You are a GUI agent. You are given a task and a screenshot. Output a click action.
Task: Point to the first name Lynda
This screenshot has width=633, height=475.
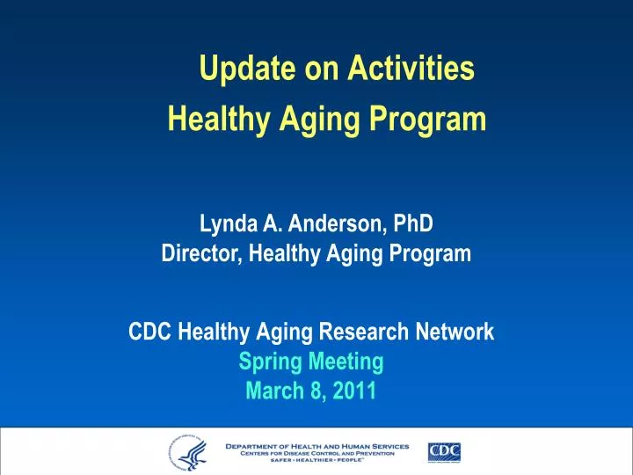click(x=227, y=224)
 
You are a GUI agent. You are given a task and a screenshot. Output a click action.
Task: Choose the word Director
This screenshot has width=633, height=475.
click(x=201, y=254)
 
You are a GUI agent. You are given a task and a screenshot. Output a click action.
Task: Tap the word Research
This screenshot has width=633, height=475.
click(x=370, y=332)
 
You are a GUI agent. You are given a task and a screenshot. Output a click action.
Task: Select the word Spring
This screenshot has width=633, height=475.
click(x=267, y=361)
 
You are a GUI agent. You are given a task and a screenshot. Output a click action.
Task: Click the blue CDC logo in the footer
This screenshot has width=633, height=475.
click(x=444, y=452)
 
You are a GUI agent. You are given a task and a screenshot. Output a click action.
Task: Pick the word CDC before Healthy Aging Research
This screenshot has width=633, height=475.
click(x=150, y=332)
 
